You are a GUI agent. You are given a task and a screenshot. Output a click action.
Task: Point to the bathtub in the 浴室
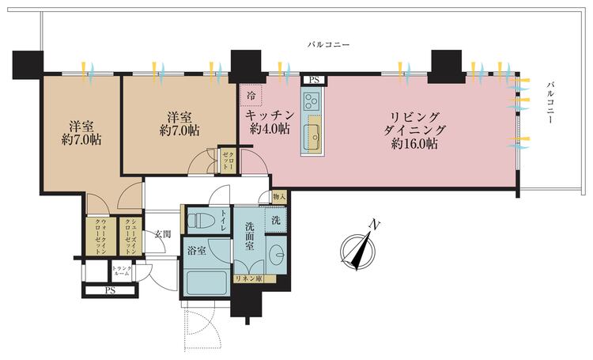pyautogui.click(x=207, y=280)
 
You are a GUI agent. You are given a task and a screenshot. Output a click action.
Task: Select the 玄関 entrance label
pyautogui.click(x=163, y=234)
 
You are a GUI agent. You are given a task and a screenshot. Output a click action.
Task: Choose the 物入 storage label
pyautogui.click(x=278, y=196)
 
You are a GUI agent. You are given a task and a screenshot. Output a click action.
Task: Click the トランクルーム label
pyautogui.click(x=121, y=271)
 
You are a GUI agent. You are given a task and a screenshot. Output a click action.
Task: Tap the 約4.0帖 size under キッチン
pyautogui.click(x=269, y=128)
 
